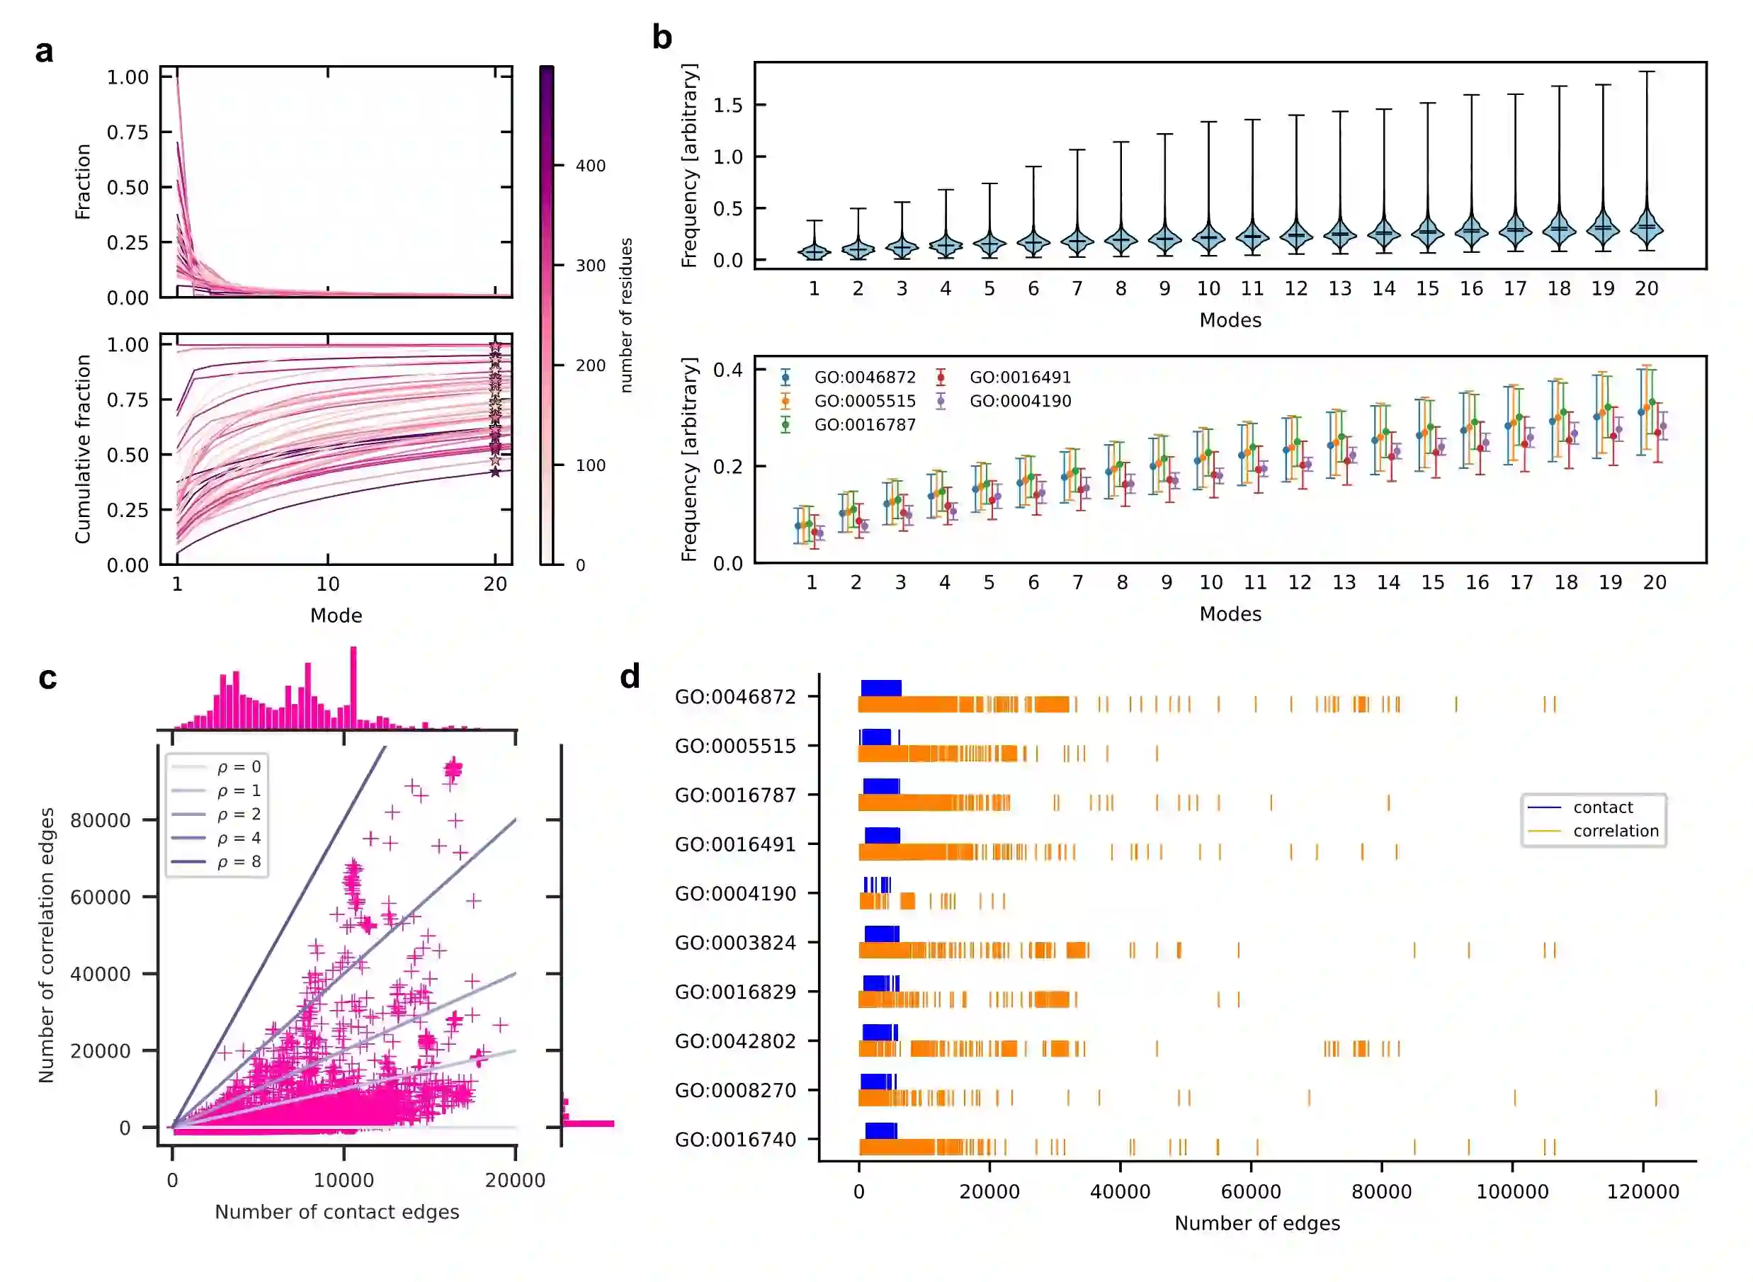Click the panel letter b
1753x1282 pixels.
(661, 38)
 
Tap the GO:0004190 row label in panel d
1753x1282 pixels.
(735, 894)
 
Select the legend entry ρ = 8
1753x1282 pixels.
(238, 861)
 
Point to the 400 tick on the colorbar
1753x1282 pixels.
(590, 165)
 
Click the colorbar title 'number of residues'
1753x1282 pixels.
(626, 315)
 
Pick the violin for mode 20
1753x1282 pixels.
(1646, 225)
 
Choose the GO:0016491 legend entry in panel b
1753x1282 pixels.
(1020, 377)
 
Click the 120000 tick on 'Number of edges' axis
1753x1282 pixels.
(1643, 1191)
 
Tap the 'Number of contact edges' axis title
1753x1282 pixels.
(336, 1212)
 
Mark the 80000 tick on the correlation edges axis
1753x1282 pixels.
(100, 820)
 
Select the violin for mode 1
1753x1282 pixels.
(814, 251)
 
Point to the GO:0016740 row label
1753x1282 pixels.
(735, 1140)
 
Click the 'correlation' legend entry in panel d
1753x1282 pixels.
(1616, 831)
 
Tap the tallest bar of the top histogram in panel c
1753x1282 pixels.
(354, 688)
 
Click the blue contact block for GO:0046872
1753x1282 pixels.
(881, 688)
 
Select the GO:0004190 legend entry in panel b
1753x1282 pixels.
(1020, 401)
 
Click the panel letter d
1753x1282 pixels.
(630, 676)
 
